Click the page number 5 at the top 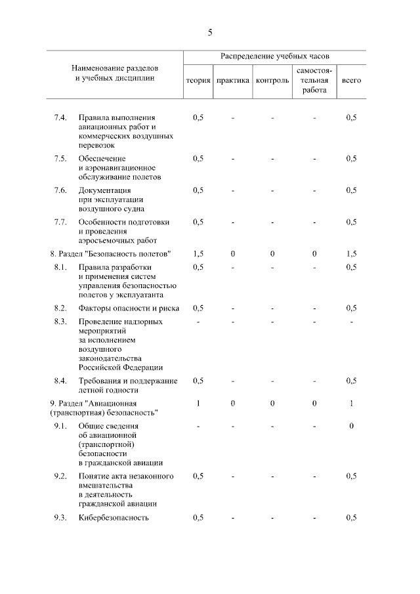click(x=210, y=32)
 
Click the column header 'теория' click(x=198, y=81)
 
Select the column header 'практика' click(x=233, y=81)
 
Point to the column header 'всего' click(x=351, y=81)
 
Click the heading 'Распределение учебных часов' click(x=274, y=58)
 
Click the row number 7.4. click(x=60, y=117)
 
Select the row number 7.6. click(x=60, y=190)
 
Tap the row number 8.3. click(x=60, y=322)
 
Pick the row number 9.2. click(x=60, y=476)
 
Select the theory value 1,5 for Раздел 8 click(x=198, y=253)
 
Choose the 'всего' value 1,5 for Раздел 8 click(x=351, y=253)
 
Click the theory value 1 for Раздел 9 click(x=198, y=403)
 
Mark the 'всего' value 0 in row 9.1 click(x=351, y=427)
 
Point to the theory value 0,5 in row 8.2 click(x=198, y=308)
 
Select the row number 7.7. click(x=60, y=222)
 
